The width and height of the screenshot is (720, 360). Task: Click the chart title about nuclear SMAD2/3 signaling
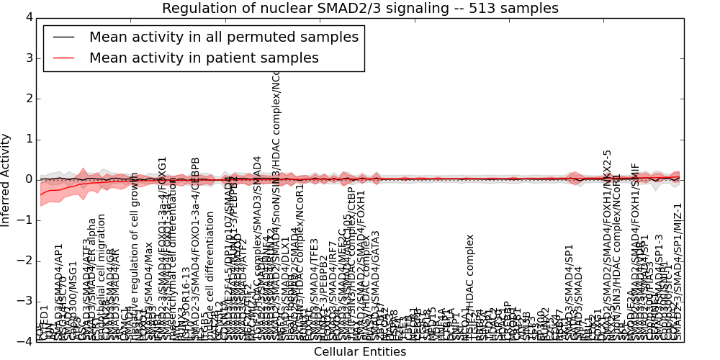[360, 9]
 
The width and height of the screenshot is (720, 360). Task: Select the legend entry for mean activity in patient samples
[204, 58]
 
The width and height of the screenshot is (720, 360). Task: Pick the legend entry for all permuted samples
[223, 37]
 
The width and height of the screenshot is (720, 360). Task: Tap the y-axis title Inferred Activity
[6, 180]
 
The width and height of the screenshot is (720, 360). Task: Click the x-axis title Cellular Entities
[360, 352]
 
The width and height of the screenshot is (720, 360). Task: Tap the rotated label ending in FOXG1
[163, 245]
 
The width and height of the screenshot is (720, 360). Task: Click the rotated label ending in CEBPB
[195, 245]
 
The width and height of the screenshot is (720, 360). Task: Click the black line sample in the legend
[63, 37]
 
